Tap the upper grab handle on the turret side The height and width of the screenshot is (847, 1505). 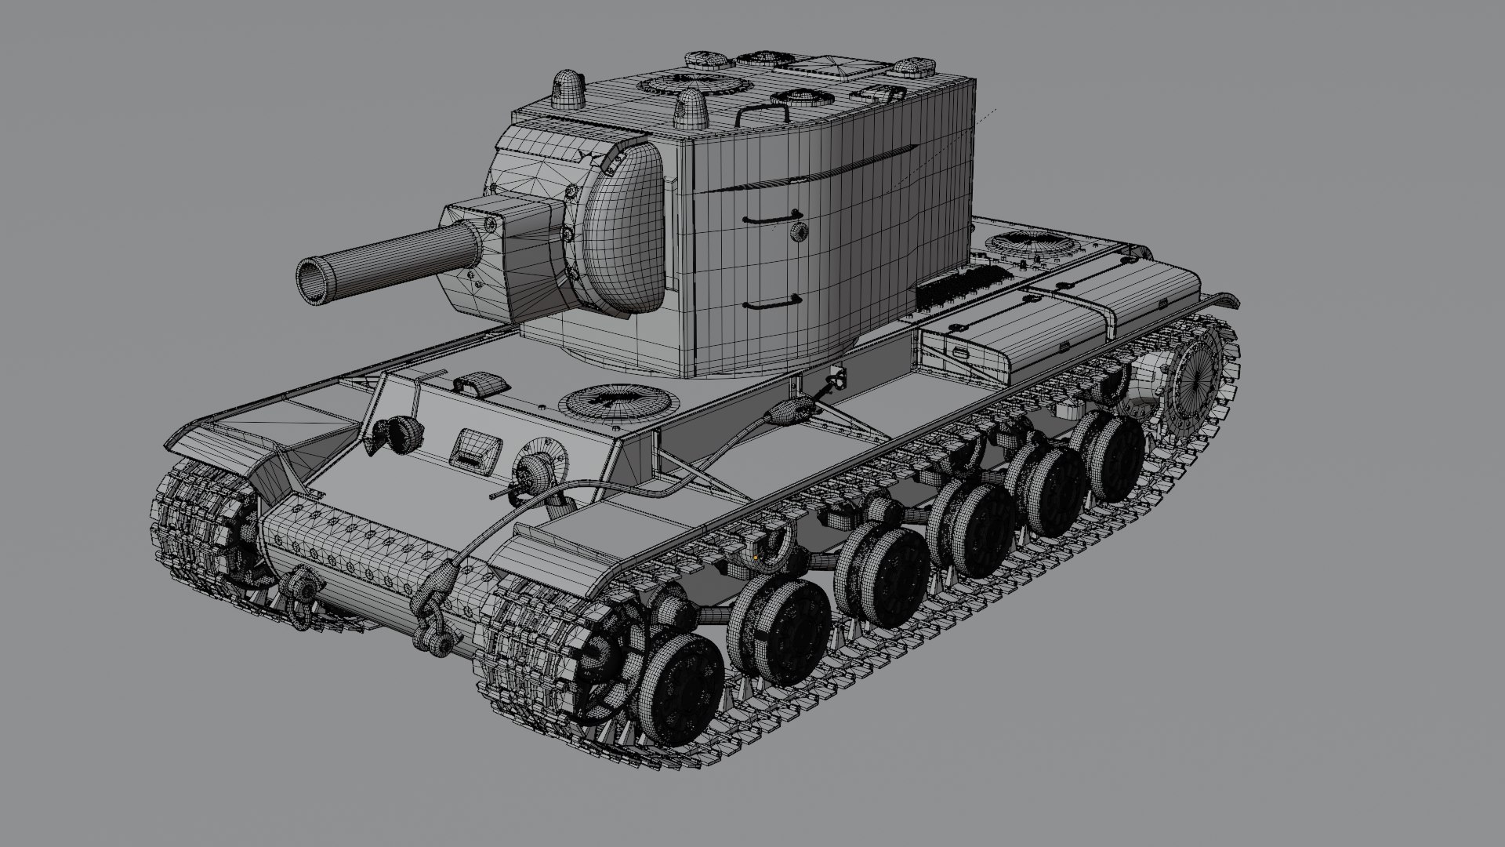pyautogui.click(x=771, y=217)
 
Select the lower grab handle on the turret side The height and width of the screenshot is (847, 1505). pyautogui.click(x=771, y=302)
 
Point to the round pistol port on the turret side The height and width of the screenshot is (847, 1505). pyautogui.click(x=799, y=231)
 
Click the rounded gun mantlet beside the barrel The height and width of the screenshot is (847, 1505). pyautogui.click(x=623, y=227)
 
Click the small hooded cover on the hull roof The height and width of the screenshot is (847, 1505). pyautogui.click(x=481, y=384)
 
